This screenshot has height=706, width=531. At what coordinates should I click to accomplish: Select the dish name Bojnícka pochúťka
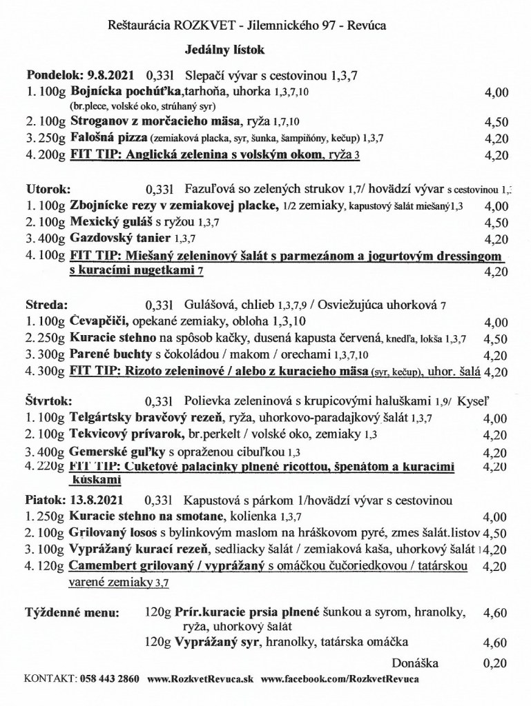(126, 91)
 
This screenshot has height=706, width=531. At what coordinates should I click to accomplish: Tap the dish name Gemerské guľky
(115, 453)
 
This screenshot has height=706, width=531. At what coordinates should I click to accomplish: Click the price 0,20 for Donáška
(496, 663)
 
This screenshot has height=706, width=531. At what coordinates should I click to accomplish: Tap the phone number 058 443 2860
(109, 678)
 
